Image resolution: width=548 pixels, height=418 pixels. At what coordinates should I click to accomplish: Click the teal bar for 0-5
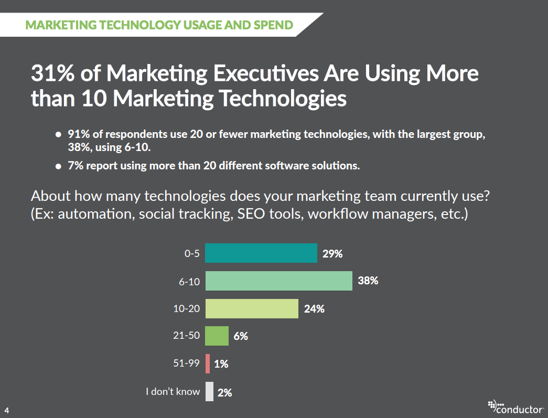(261, 253)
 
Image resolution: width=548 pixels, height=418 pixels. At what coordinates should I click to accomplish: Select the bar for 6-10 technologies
(278, 281)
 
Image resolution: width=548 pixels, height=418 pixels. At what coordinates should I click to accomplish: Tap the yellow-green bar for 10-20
(251, 308)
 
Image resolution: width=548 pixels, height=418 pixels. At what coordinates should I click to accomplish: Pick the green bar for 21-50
(217, 336)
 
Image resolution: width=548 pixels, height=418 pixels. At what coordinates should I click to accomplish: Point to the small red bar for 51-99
(208, 363)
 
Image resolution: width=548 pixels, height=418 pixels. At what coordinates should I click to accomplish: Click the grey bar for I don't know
(209, 391)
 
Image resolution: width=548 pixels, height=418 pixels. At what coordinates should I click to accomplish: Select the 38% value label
(368, 281)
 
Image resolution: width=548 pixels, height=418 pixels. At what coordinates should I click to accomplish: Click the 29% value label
(332, 254)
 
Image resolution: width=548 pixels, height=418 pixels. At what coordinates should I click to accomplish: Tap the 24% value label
(314, 309)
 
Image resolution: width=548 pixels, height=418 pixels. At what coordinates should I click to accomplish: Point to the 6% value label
(241, 336)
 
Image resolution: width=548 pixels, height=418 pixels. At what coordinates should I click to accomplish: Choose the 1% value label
(221, 364)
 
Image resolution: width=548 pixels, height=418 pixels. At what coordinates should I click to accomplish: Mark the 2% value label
(224, 392)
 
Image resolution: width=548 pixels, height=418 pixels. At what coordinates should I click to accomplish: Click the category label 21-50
(187, 336)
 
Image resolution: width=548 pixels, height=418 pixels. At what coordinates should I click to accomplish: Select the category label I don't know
(173, 391)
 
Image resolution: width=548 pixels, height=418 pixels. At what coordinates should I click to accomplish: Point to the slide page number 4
(7, 409)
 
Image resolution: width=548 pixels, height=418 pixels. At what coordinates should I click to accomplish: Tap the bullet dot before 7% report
(59, 166)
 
